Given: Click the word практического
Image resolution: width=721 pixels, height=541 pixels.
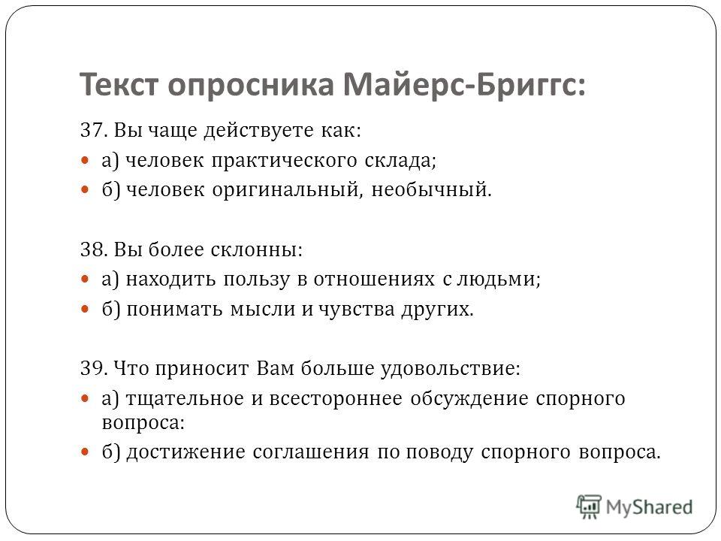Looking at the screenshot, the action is click(284, 161).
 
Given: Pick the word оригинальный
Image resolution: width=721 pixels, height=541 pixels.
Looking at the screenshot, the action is click(285, 190).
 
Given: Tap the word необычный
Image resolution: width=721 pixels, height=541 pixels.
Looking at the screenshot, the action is click(431, 189).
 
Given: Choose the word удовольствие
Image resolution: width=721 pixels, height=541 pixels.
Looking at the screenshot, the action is click(451, 370).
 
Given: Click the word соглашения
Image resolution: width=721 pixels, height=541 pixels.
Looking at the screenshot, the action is click(311, 452).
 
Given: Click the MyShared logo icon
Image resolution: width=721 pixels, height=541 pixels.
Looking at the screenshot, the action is click(589, 506).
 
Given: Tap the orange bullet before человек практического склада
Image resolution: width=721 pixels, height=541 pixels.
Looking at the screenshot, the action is click(85, 161).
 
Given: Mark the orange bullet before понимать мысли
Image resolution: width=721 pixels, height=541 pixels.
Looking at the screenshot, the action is click(85, 309).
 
